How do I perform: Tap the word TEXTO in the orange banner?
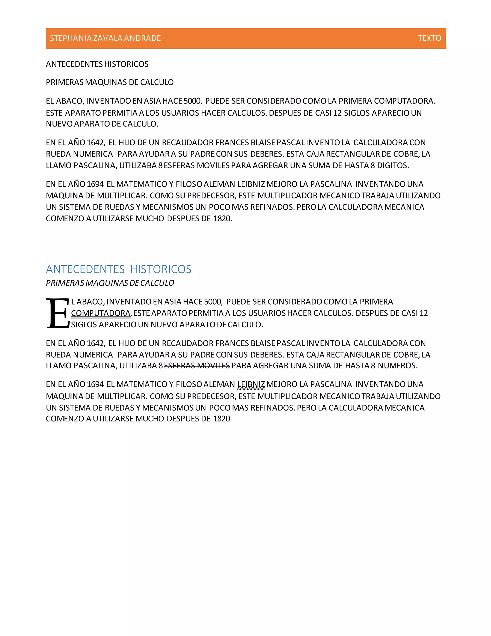[429, 38]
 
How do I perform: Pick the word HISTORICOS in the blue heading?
[161, 269]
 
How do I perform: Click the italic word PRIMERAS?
[65, 283]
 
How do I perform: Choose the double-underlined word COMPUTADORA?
[101, 313]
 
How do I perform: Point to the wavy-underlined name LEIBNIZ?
[251, 384]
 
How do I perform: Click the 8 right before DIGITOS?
[373, 165]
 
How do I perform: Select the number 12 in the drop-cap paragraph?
[424, 313]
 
